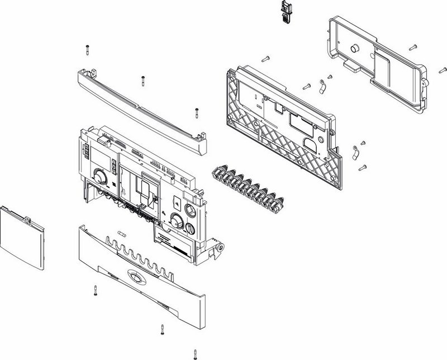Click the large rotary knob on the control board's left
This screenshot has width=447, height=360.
pyautogui.click(x=99, y=177)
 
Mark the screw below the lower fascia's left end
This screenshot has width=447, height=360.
pyautogui.click(x=94, y=290)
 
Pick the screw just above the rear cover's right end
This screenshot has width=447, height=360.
pyautogui.click(x=412, y=46)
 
